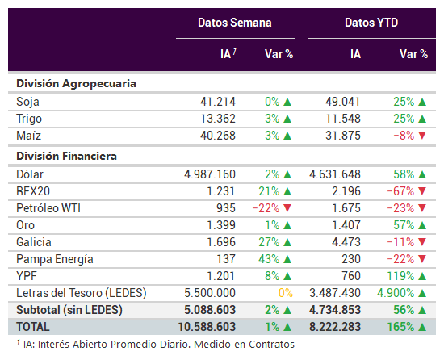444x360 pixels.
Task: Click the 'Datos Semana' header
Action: click(x=234, y=23)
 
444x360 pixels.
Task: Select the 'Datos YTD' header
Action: click(x=371, y=23)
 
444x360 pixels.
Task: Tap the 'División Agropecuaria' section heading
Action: click(x=76, y=84)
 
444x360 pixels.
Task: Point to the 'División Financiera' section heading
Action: click(x=66, y=156)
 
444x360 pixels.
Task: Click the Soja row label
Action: click(x=27, y=102)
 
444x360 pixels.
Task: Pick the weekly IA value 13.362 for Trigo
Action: click(x=218, y=119)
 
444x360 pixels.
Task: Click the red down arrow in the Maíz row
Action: click(x=422, y=135)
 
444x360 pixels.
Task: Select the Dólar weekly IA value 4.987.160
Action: click(x=210, y=174)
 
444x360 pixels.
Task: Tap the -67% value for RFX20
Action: click(x=400, y=191)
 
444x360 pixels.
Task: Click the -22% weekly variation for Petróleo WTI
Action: click(x=266, y=208)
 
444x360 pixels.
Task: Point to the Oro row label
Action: click(x=26, y=225)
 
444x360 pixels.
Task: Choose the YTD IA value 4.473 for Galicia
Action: click(x=346, y=242)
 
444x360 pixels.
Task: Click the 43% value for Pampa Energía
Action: click(x=269, y=259)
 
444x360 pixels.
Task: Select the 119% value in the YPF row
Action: click(x=400, y=276)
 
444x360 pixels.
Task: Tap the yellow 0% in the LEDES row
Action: click(x=286, y=293)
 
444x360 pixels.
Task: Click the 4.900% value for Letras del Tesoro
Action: click(x=396, y=293)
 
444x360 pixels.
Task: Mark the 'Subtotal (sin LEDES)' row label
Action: click(x=69, y=310)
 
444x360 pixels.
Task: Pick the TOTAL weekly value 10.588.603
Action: click(x=207, y=327)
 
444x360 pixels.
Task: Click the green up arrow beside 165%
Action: click(x=422, y=327)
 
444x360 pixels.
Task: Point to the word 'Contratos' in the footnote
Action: click(x=271, y=345)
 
